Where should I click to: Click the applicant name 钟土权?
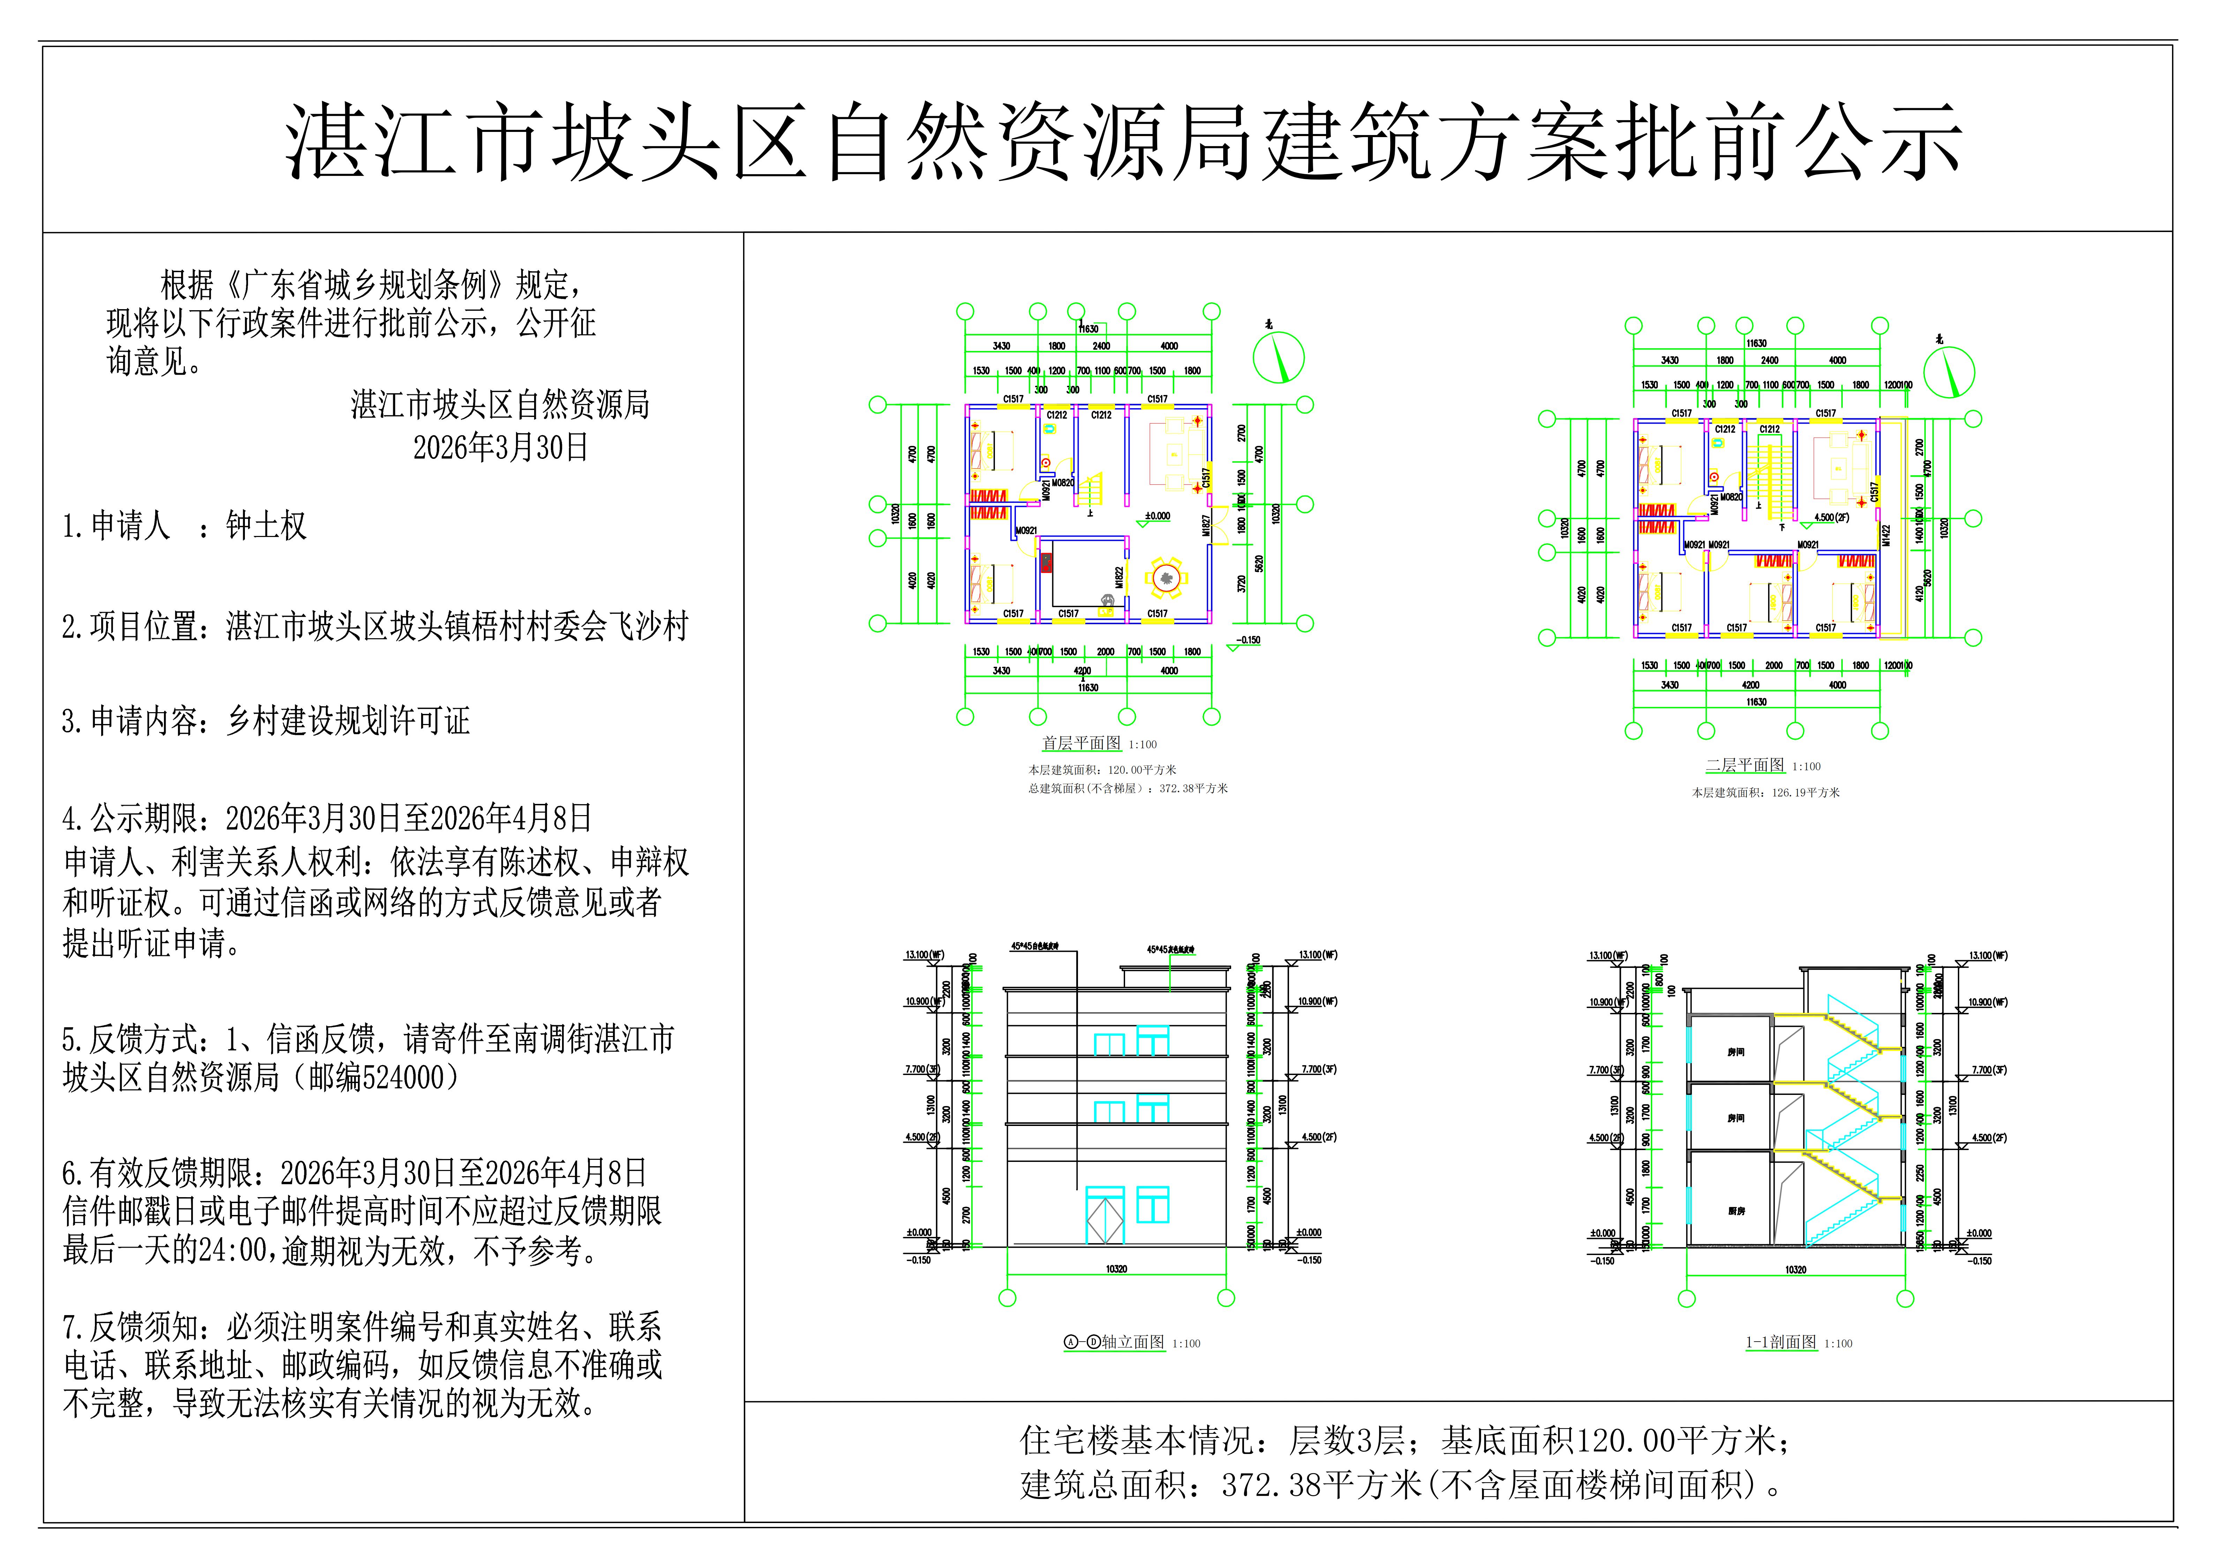267,526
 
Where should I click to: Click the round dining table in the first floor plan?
1166,577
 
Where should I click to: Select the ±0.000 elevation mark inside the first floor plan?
1157,516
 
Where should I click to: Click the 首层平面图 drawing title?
1081,744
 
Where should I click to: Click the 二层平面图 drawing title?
1745,766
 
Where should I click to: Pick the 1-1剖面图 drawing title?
1781,1342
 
